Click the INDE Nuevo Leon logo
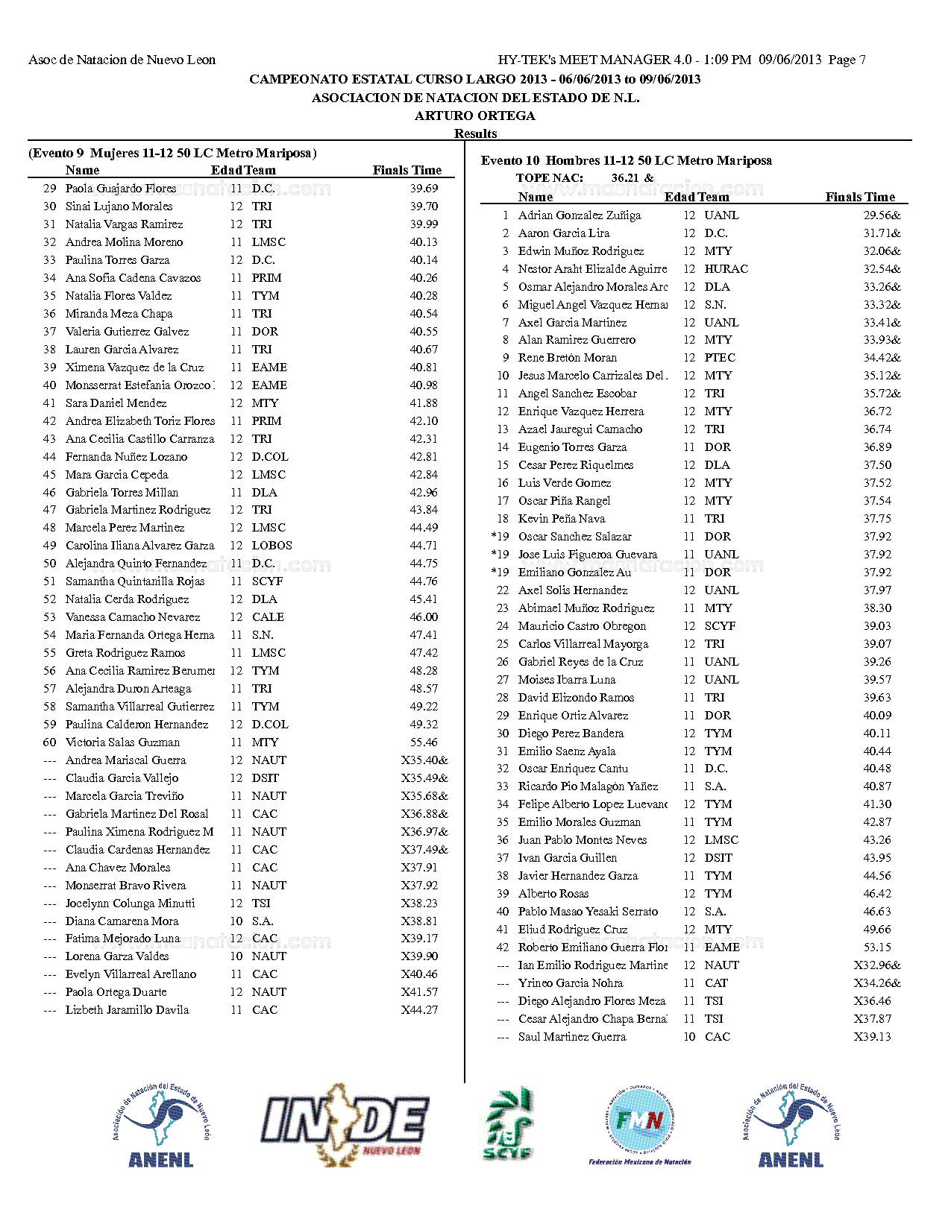[x=345, y=1124]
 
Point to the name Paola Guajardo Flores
[x=121, y=189]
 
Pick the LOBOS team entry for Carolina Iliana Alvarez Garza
[x=272, y=546]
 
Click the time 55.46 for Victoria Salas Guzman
[x=424, y=742]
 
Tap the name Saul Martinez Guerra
[x=572, y=1037]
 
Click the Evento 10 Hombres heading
[x=626, y=160]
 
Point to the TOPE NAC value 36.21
[x=624, y=178]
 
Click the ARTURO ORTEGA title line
[x=475, y=116]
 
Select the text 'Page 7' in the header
[x=847, y=60]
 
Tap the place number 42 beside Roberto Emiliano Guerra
[x=503, y=947]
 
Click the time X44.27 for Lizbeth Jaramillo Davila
[x=419, y=1010]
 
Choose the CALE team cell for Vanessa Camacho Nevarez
[x=268, y=617]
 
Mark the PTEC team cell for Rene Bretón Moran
[x=720, y=358]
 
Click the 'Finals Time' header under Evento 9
[x=407, y=170]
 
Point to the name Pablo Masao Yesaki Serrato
[x=588, y=912]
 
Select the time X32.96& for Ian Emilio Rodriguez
[x=877, y=965]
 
